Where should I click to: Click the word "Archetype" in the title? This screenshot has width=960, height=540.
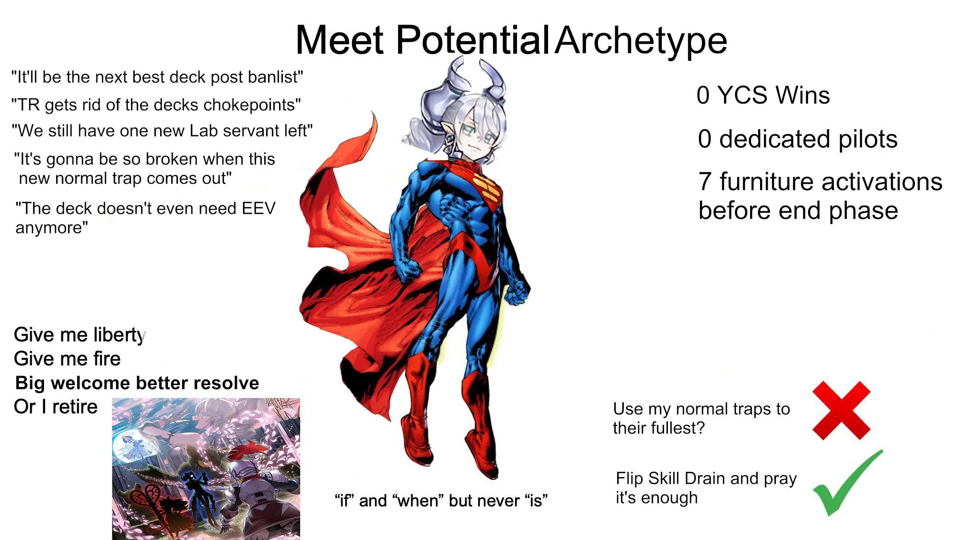[x=641, y=40]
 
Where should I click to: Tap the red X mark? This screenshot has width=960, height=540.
[x=842, y=411]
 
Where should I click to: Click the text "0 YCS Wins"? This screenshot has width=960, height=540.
[x=763, y=95]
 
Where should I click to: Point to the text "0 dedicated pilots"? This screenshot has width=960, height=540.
[x=797, y=139]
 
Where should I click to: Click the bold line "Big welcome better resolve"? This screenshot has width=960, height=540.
[x=137, y=383]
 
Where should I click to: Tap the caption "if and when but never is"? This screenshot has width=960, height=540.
[x=441, y=501]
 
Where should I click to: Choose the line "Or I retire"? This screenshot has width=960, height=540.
[x=56, y=407]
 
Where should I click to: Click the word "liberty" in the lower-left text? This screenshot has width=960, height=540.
[x=120, y=335]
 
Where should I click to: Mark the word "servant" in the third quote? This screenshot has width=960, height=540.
[x=252, y=131]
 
